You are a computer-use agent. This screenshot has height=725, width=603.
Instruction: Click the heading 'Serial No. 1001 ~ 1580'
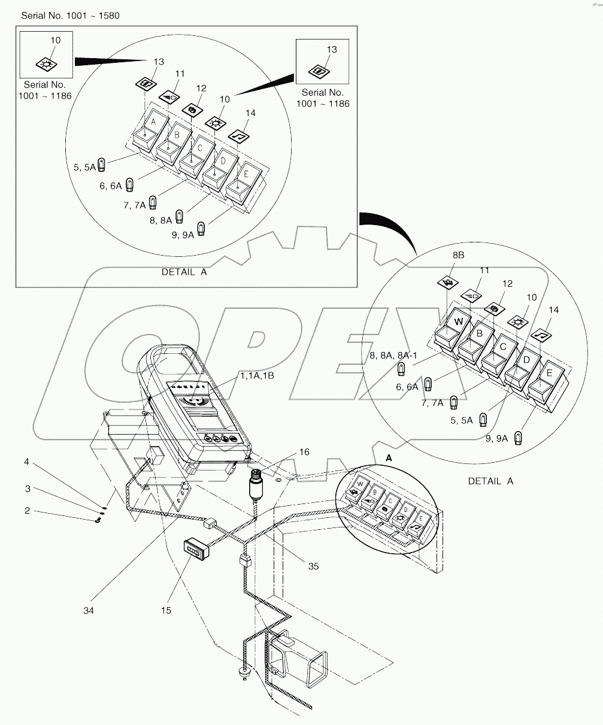click(70, 16)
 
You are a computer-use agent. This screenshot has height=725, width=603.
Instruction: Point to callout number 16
click(304, 452)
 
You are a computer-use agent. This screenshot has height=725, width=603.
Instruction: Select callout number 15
click(166, 610)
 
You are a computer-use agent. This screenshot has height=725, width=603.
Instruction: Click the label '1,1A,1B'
click(257, 375)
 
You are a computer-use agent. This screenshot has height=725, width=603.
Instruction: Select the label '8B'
click(458, 254)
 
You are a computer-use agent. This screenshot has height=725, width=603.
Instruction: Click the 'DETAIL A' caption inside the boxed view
click(184, 272)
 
